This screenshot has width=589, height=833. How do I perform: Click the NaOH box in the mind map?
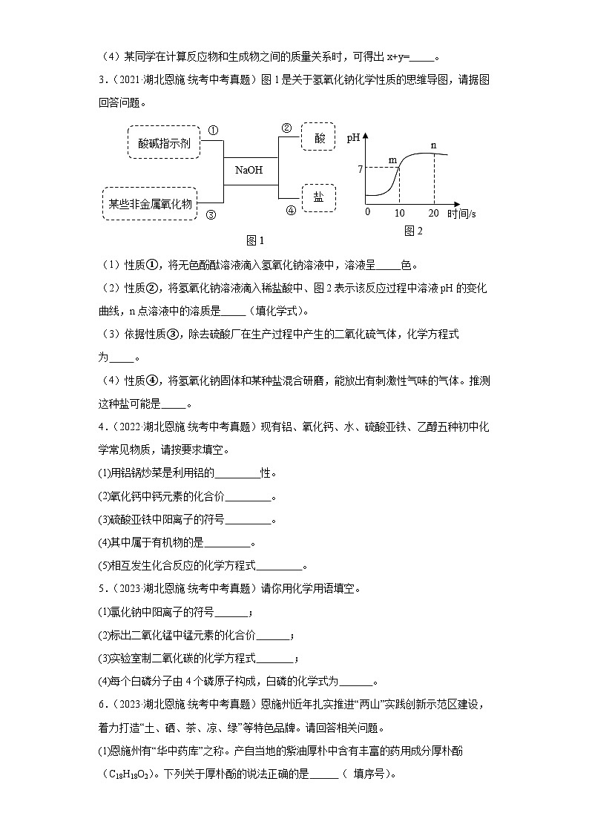click(249, 170)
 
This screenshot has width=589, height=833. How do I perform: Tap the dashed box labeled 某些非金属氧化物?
click(151, 203)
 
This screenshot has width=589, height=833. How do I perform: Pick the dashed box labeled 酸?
click(319, 139)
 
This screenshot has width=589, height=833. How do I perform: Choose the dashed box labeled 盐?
click(317, 197)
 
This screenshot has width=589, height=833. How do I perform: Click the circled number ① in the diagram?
click(212, 130)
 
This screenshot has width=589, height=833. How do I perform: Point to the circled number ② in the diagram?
click(286, 128)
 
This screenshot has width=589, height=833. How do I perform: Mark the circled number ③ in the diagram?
click(211, 215)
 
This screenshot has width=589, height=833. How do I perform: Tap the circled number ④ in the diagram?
click(290, 210)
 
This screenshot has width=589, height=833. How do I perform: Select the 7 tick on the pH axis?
click(360, 170)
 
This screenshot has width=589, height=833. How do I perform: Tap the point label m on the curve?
click(393, 159)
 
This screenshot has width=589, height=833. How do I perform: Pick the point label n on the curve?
click(434, 145)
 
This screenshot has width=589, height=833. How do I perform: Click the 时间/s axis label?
click(462, 214)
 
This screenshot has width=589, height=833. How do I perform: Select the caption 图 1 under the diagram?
click(254, 240)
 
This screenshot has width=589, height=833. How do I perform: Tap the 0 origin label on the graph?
click(367, 213)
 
